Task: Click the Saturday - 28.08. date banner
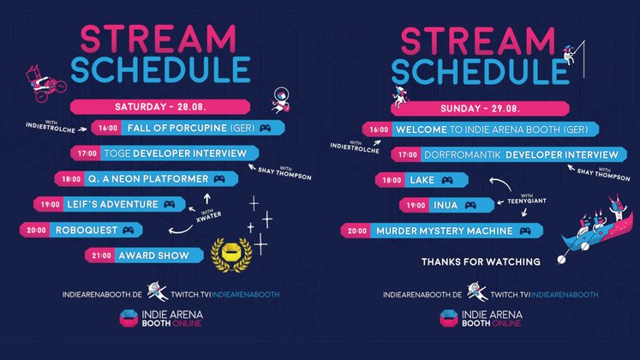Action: [160, 107]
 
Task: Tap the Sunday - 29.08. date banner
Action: [480, 109]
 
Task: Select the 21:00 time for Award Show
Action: [101, 255]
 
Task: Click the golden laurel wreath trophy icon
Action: [231, 255]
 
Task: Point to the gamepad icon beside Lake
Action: [447, 180]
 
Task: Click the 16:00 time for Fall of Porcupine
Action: [108, 129]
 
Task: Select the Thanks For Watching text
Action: [481, 261]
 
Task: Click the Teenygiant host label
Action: [527, 200]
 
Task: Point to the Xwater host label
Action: [208, 215]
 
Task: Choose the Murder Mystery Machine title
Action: [444, 231]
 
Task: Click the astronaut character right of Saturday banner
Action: [281, 100]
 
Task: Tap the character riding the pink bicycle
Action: [45, 83]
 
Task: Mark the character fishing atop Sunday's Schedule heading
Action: [570, 55]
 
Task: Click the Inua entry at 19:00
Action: [446, 206]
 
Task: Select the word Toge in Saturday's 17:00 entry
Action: [117, 153]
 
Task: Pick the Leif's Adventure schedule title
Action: [112, 205]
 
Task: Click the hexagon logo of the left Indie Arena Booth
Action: [129, 318]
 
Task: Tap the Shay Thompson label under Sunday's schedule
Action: [603, 174]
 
